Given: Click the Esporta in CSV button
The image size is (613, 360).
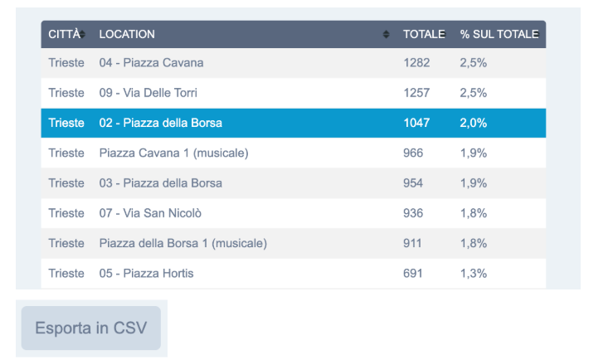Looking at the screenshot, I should click(90, 328).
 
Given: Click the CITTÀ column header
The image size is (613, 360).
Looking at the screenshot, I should click(64, 34).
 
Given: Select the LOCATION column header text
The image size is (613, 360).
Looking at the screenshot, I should click(127, 34).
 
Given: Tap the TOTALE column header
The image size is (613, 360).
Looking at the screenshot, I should click(424, 34).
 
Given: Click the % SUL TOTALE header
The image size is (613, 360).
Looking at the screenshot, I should click(499, 34).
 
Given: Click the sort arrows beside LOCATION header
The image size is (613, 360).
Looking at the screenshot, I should click(386, 34).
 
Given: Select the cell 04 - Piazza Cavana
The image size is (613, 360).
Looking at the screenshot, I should click(151, 63).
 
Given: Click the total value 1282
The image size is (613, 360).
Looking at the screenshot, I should click(416, 63).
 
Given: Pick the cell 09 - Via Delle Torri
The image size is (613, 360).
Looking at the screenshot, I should click(148, 93).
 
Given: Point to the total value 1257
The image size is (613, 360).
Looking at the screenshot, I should click(416, 93).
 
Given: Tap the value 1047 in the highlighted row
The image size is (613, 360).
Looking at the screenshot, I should click(416, 123).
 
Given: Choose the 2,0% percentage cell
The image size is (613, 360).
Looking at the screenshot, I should click(473, 123).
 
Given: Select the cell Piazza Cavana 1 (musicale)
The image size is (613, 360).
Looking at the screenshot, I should click(173, 153).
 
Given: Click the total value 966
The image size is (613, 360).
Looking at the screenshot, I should click(413, 153).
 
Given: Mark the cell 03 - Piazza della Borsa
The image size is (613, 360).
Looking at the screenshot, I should click(160, 182).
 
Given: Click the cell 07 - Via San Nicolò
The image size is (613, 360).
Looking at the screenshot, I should click(150, 213).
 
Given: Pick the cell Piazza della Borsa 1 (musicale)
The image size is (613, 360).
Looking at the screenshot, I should click(182, 243).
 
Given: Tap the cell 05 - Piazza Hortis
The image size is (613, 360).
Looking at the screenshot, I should click(146, 273).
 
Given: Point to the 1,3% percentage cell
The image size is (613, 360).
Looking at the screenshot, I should click(473, 273).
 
